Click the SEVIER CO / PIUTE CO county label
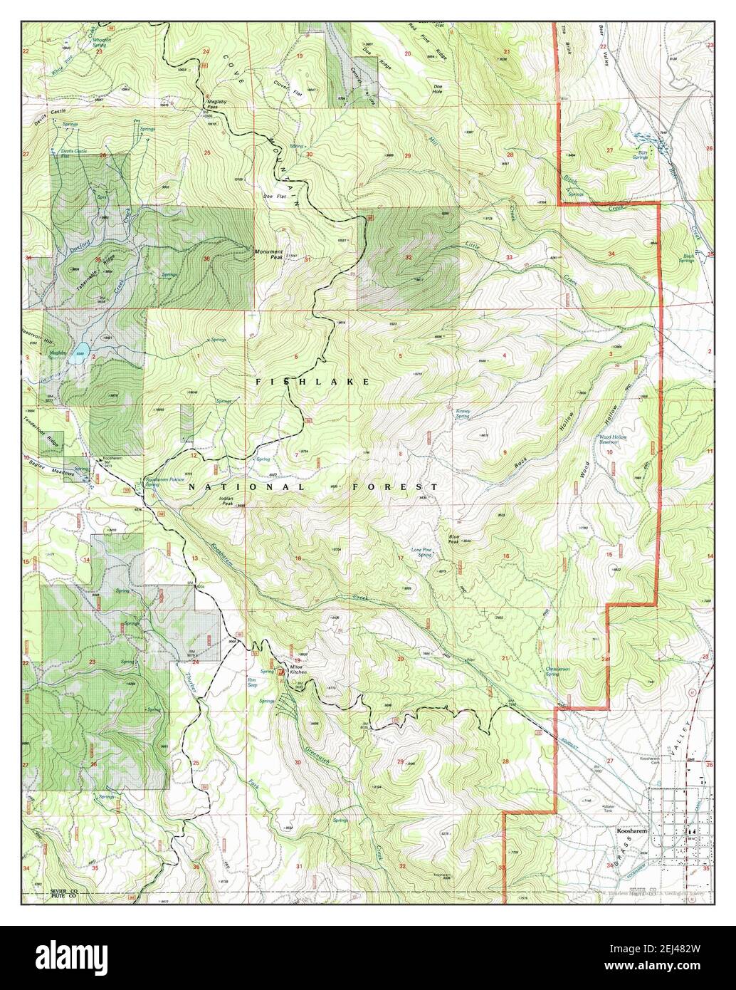click(x=63, y=895)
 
